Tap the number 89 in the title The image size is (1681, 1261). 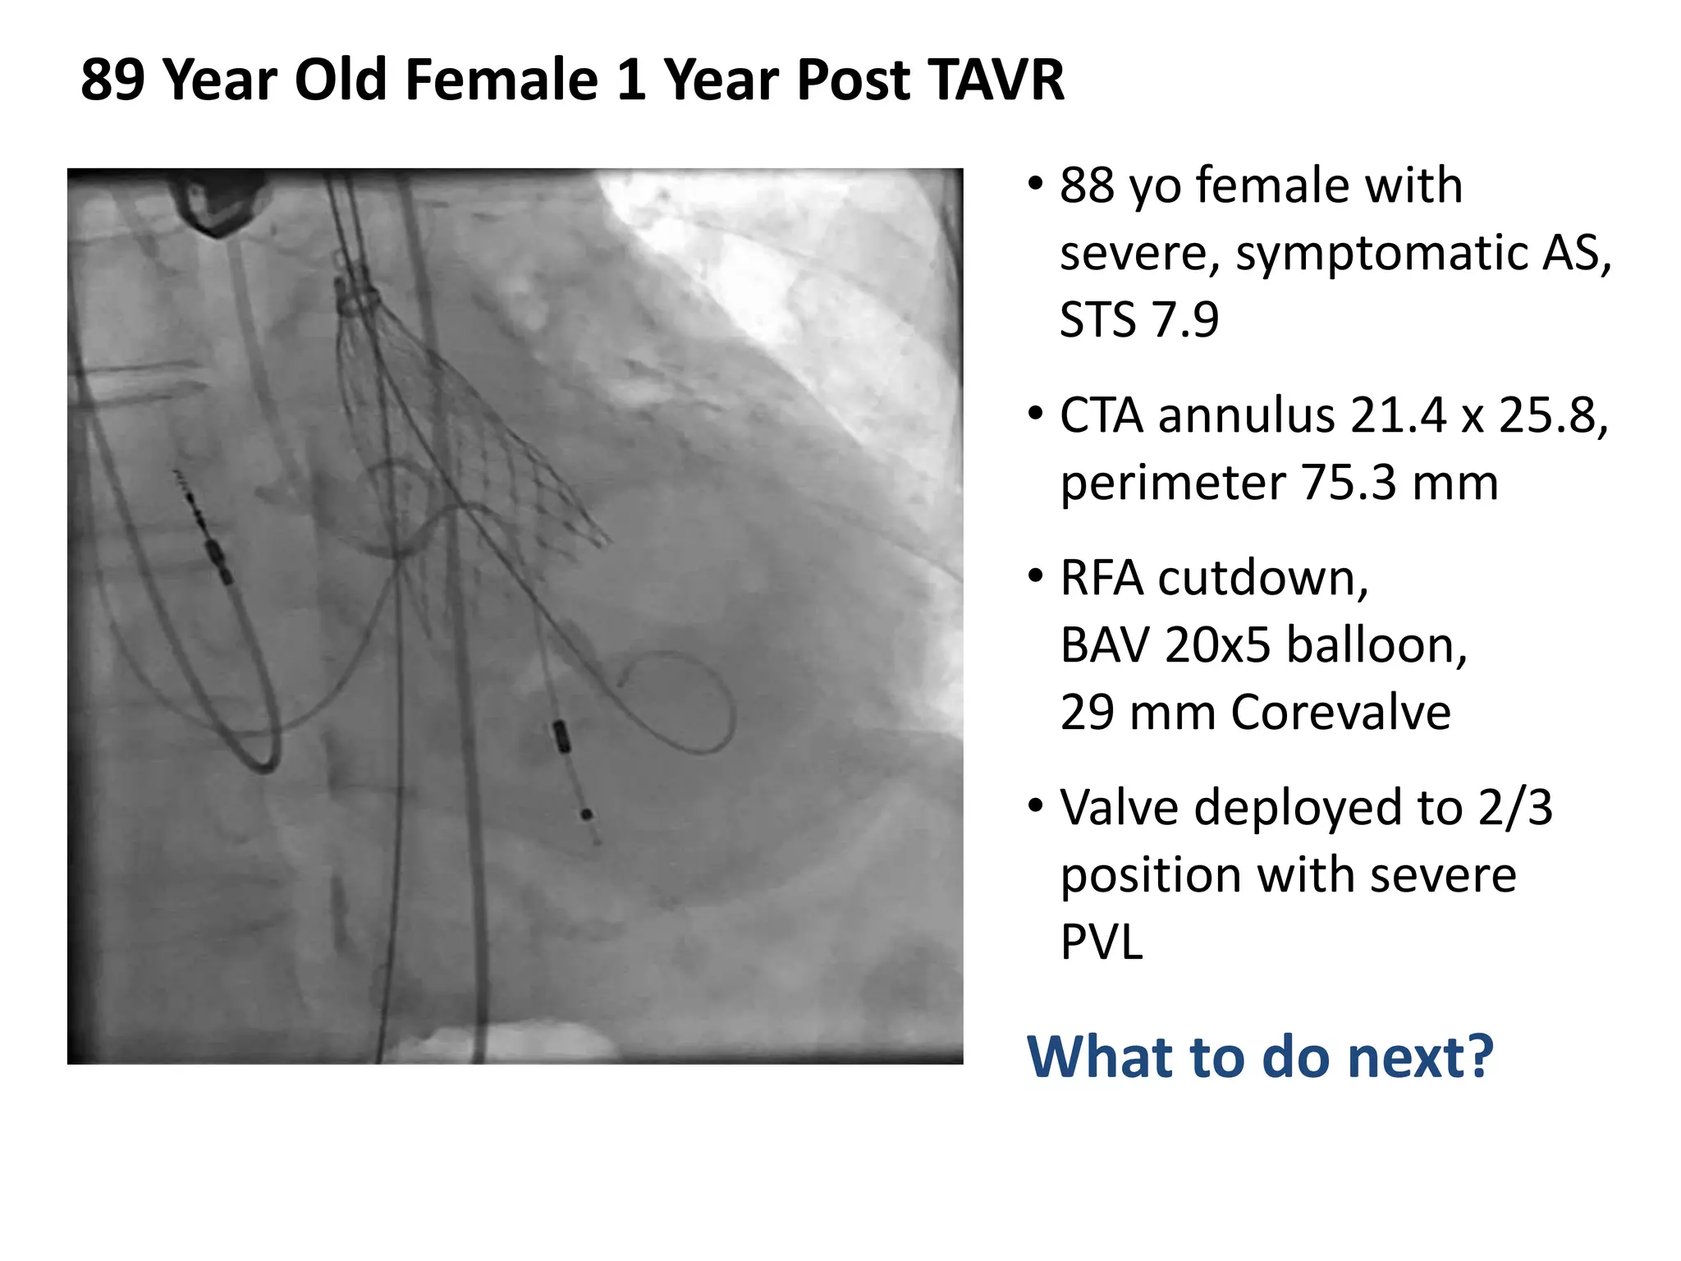[x=113, y=80]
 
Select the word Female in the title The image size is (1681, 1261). [x=502, y=80]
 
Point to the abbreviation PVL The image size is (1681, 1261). [x=1102, y=942]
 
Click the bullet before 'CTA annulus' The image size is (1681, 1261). [x=1036, y=412]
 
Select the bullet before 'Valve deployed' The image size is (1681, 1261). [x=1036, y=805]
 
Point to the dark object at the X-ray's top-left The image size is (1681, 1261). [x=218, y=205]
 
